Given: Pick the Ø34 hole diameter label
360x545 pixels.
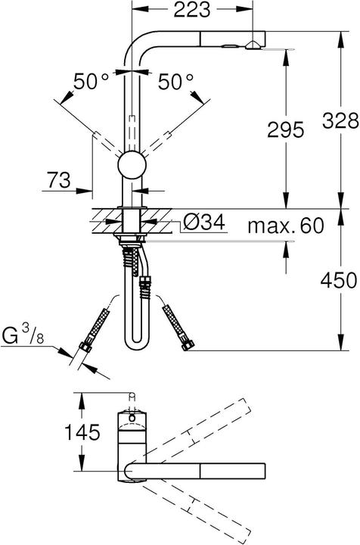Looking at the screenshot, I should click(x=203, y=225).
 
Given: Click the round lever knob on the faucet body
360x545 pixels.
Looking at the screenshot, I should click(x=132, y=165).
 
